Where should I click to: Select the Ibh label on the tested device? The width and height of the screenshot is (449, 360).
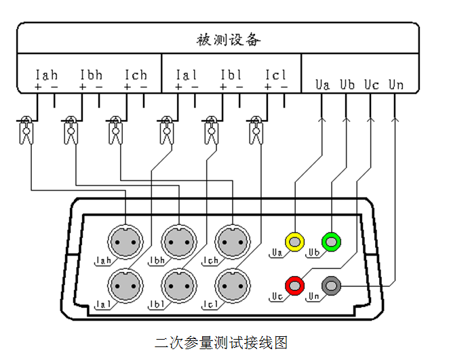click(x=91, y=75)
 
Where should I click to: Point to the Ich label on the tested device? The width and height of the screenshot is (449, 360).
click(x=136, y=75)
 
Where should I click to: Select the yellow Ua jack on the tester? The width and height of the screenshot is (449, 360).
click(x=296, y=241)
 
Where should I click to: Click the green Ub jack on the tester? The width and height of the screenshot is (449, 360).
click(x=332, y=241)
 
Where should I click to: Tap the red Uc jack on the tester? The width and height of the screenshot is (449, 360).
click(x=296, y=285)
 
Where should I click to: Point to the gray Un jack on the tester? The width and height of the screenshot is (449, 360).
click(x=332, y=285)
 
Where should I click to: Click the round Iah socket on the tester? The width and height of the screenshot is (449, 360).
click(x=126, y=241)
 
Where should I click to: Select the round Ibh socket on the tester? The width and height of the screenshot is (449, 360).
click(x=179, y=241)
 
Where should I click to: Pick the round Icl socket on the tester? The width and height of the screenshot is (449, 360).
click(x=232, y=285)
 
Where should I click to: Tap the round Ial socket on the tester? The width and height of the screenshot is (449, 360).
click(x=126, y=285)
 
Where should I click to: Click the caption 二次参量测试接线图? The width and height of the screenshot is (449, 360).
click(x=221, y=342)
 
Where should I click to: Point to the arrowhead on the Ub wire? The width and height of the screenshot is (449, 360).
click(x=347, y=120)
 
